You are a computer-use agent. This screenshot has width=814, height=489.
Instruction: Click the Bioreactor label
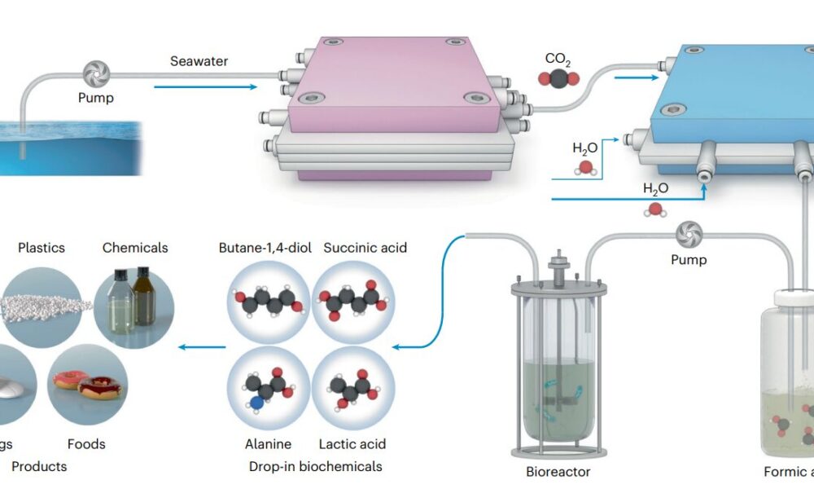pos(558,471)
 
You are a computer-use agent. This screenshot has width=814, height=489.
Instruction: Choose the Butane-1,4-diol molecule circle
pos(269,301)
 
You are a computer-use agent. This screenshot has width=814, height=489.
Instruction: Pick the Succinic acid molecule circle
pos(353,301)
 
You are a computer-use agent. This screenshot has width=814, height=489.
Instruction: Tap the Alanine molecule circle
pos(269,388)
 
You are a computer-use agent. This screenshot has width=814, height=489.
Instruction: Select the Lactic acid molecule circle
pos(353,388)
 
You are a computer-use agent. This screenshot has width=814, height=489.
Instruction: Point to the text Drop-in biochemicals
pos(315,467)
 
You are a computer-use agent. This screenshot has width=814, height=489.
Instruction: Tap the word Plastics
pos(41,247)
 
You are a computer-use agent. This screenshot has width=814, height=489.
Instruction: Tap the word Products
pos(39,467)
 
